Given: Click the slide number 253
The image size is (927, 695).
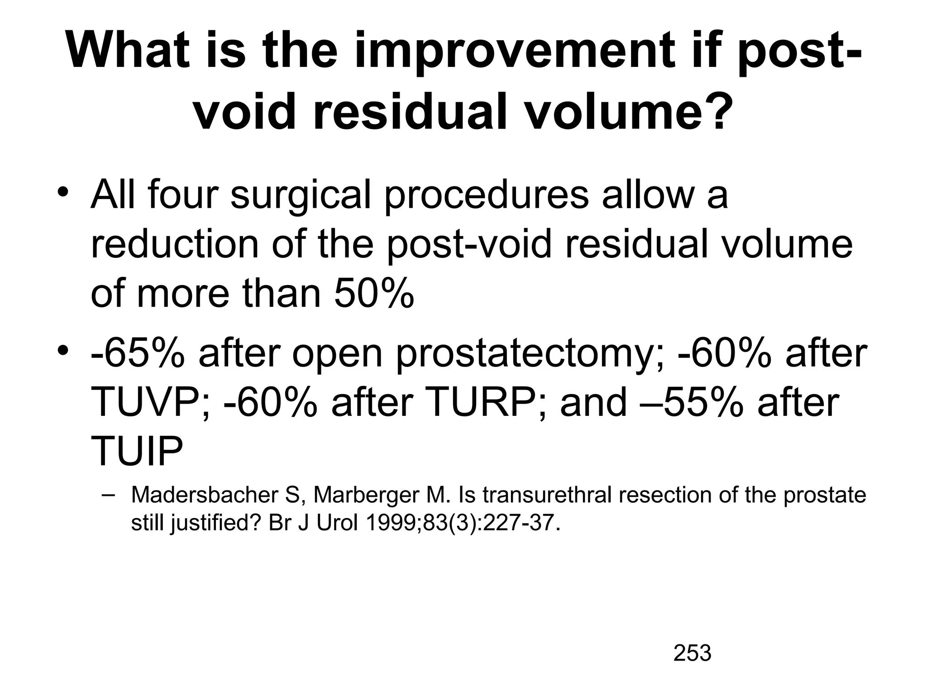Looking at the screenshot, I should tap(692, 653).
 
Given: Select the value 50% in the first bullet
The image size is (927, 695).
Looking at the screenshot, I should tap(374, 294).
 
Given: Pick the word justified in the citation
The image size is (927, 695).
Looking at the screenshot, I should tap(216, 524).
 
